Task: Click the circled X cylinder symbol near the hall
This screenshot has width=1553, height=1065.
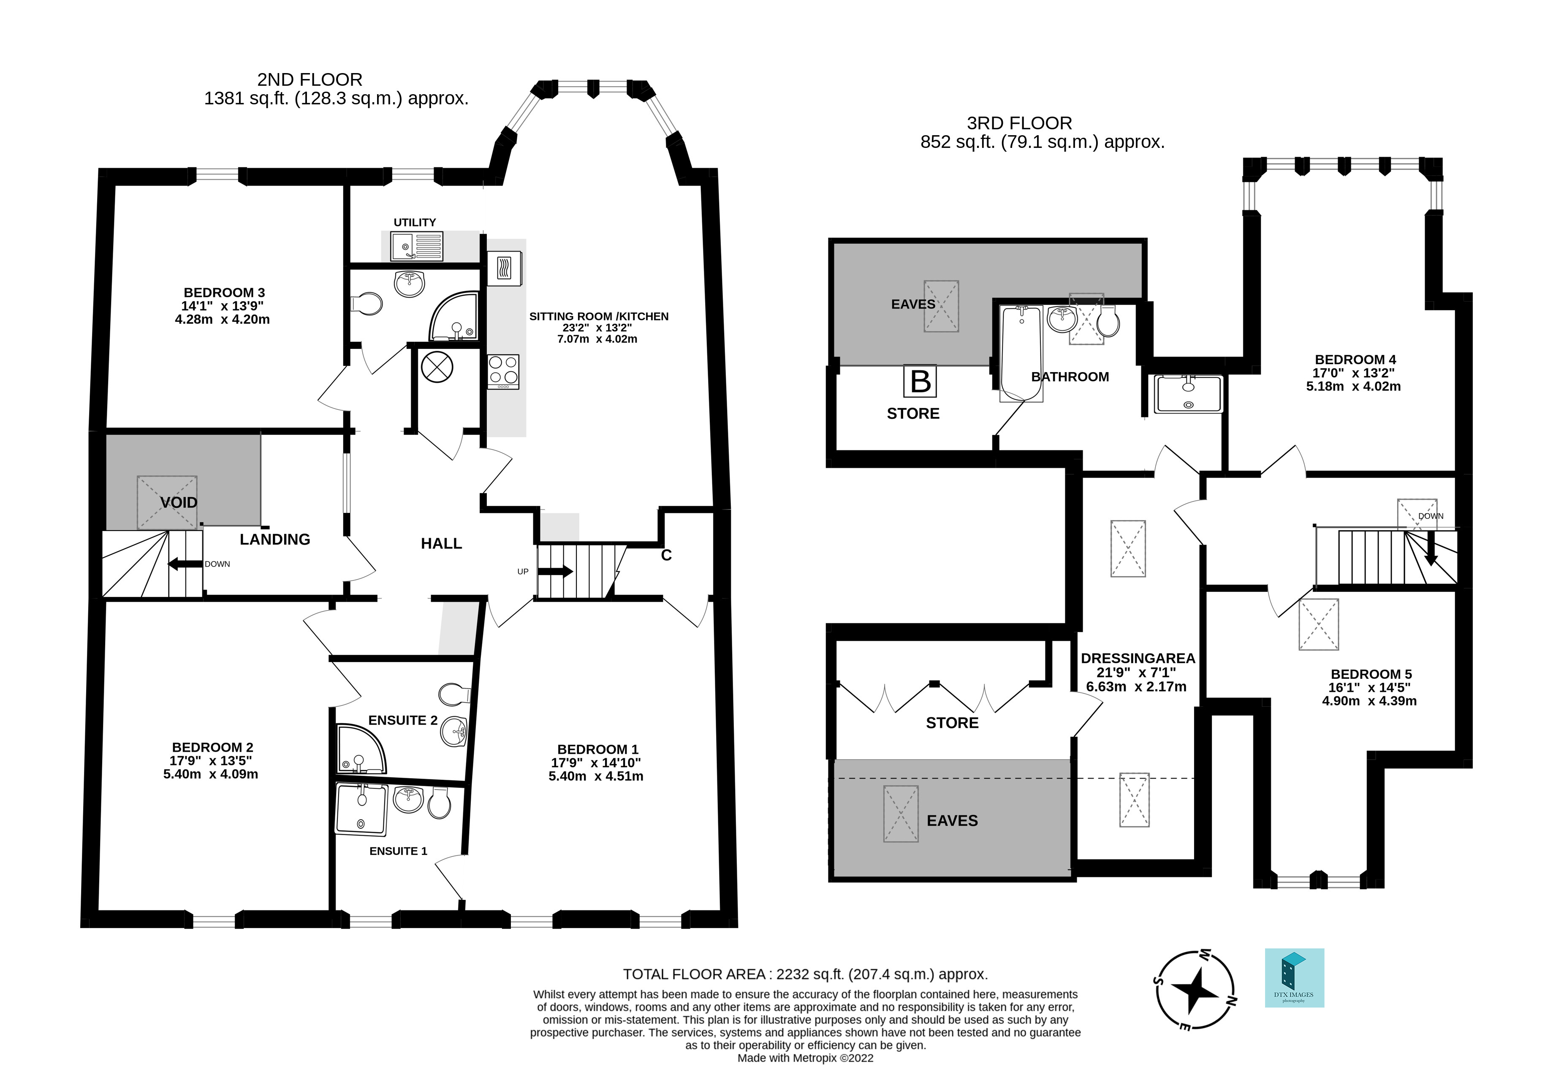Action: tap(437, 367)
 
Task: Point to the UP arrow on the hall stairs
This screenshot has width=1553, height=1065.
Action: tap(555, 572)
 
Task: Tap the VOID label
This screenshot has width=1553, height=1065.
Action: tap(179, 502)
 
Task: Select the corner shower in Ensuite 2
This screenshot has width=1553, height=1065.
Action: tap(359, 748)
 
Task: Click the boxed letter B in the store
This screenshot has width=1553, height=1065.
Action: tap(920, 381)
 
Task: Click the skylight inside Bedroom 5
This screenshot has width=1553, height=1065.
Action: tap(1319, 624)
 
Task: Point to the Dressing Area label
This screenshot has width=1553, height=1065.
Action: tap(1138, 658)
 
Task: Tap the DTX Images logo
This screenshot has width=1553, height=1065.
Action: tap(1294, 978)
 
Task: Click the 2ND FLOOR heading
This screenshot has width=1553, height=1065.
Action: tap(310, 79)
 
